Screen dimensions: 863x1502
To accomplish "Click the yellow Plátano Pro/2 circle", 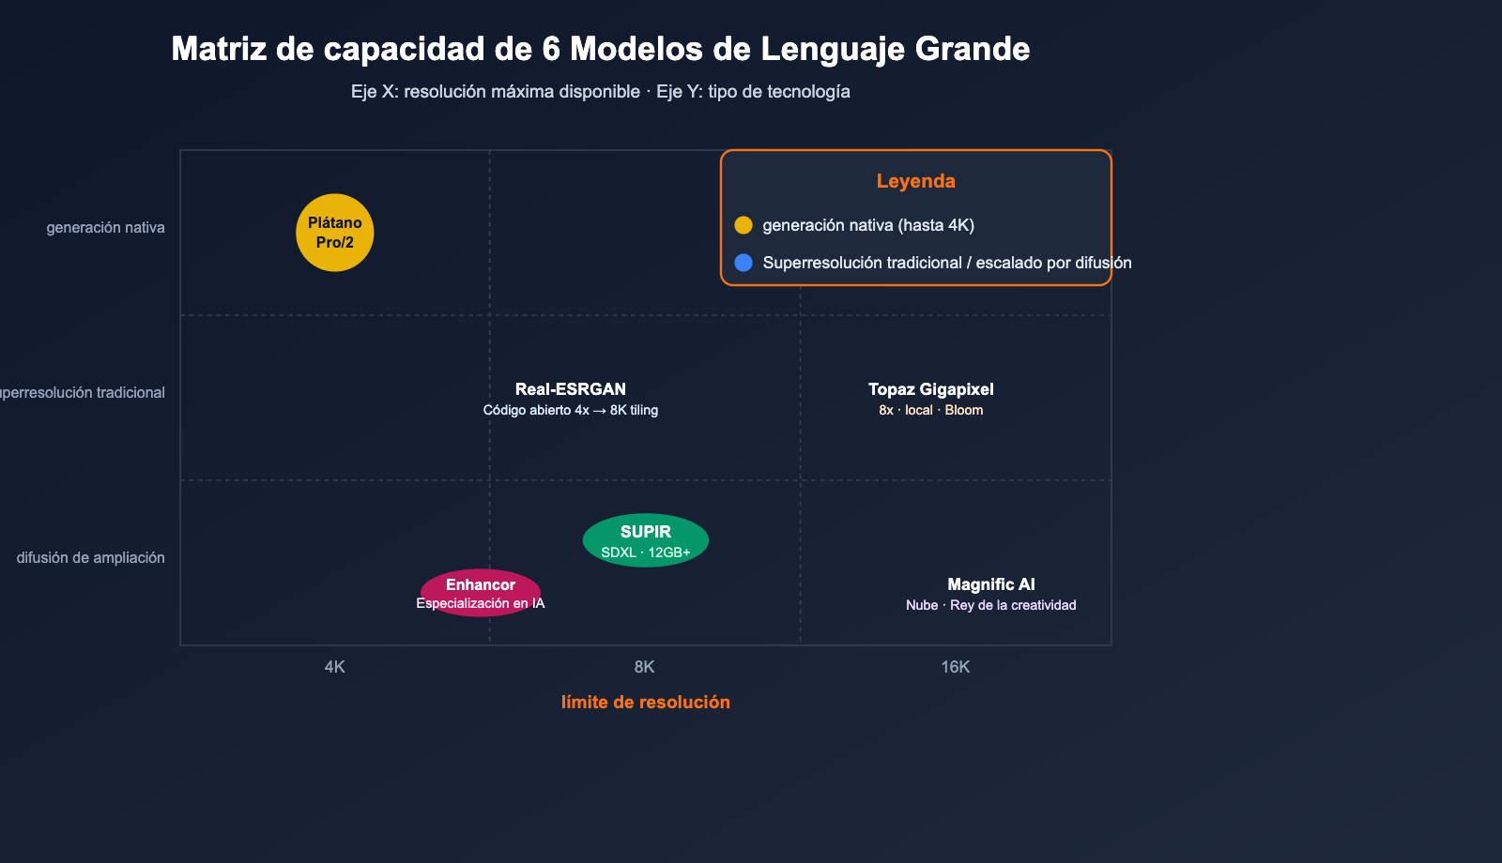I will (x=335, y=233).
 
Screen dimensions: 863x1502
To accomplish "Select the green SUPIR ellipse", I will (x=646, y=540).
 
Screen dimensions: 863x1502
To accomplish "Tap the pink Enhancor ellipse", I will (x=481, y=593).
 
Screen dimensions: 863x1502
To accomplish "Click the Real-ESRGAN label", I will (x=571, y=389).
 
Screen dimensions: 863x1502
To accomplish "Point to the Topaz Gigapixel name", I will (x=930, y=389).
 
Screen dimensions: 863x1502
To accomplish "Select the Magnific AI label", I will (x=991, y=584).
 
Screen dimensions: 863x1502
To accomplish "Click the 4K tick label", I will (x=335, y=667).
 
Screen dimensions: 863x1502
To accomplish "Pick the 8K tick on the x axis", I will (x=645, y=667).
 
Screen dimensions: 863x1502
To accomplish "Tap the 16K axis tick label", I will (x=956, y=667).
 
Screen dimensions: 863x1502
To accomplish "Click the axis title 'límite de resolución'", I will (x=646, y=702).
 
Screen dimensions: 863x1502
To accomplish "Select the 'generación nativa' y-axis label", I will (x=105, y=228).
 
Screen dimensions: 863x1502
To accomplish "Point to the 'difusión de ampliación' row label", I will (x=90, y=558).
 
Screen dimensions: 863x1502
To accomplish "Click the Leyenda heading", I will (x=916, y=181).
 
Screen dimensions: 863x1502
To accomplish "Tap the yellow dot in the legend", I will (x=743, y=225).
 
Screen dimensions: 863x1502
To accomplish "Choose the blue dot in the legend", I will (x=743, y=263).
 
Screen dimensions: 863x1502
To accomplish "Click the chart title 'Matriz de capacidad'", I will (x=601, y=49).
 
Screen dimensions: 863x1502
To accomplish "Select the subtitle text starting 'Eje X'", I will (x=601, y=92).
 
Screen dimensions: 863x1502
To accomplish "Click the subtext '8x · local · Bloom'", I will (x=931, y=411).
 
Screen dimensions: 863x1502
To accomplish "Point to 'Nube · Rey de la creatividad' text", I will (x=991, y=605).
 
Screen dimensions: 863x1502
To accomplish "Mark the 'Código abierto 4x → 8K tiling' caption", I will (x=571, y=410).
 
